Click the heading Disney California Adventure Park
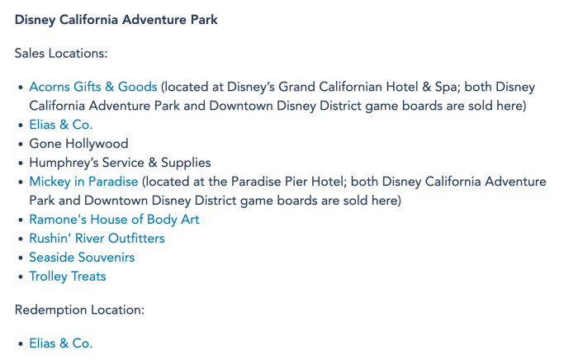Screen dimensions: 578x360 [116, 20]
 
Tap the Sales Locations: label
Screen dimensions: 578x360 [61, 54]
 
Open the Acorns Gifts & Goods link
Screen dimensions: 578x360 [93, 87]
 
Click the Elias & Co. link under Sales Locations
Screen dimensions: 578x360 [61, 125]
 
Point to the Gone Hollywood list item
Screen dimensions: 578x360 [79, 144]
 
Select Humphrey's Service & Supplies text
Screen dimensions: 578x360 [121, 163]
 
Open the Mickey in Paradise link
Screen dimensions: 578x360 [83, 182]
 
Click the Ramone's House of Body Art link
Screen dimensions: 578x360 [114, 220]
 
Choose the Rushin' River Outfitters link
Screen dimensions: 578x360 [97, 239]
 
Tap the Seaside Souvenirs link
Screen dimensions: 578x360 [82, 258]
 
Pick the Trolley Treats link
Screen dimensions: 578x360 [68, 277]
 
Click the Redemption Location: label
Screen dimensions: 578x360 [79, 310]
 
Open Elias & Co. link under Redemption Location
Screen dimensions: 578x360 [61, 343]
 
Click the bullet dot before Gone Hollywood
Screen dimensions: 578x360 [21, 144]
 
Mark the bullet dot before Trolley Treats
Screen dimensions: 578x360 [21, 277]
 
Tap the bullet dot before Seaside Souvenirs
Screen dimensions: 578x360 [21, 258]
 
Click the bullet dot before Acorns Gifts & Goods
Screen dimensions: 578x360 [21, 88]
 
